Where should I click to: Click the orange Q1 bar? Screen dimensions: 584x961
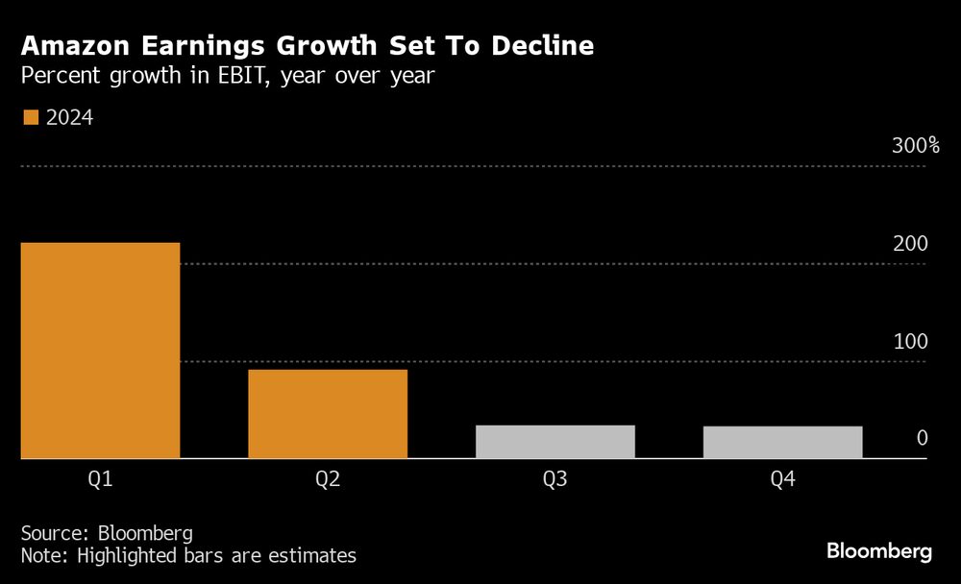pos(100,351)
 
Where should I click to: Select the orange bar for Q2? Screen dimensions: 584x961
pos(328,414)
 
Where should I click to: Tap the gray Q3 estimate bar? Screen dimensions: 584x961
pos(555,442)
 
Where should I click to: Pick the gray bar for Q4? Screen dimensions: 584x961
pos(782,442)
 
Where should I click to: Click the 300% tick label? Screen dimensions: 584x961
pos(916,146)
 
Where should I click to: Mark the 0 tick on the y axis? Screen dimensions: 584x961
pos(922,438)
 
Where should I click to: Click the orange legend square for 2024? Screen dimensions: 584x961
pos(30,117)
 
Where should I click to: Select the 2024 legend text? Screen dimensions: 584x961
pos(69,117)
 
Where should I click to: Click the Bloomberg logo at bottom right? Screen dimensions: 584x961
pos(879,551)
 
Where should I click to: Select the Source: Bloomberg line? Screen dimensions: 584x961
pos(107,533)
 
